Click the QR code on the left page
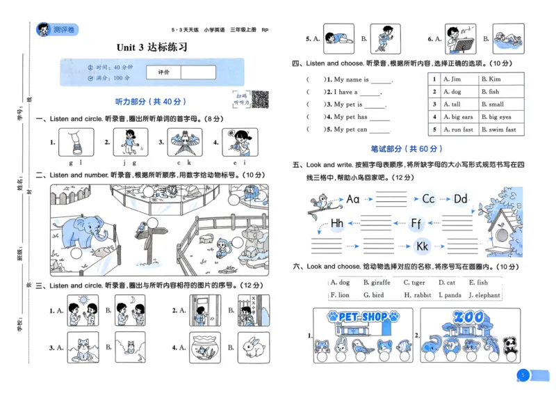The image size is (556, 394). click(260, 100)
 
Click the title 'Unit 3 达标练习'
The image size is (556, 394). click(152, 47)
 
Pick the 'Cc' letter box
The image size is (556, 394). click(429, 200)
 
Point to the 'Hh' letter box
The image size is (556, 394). click(337, 223)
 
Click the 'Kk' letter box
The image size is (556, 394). click(422, 246)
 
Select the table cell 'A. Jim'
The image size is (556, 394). click(452, 79)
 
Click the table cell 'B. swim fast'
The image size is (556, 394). click(499, 129)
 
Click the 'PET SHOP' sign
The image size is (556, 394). click(364, 317)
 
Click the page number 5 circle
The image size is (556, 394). click(522, 376)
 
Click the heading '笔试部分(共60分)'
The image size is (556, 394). click(407, 149)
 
